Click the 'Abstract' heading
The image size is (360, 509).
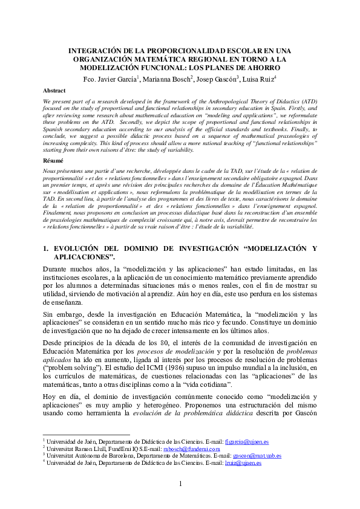(x=54, y=90)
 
